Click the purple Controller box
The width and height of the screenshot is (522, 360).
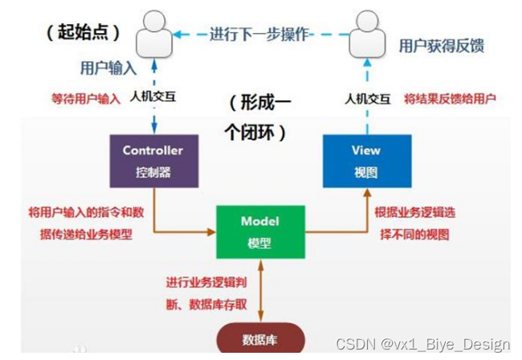tap(153, 160)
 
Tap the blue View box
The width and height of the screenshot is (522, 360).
tap(365, 161)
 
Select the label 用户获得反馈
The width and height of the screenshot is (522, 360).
tap(442, 47)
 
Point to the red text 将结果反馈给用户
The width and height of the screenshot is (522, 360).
tap(450, 100)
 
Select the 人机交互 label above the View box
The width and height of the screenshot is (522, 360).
tap(366, 100)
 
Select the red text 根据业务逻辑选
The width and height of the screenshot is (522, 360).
tap(418, 214)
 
